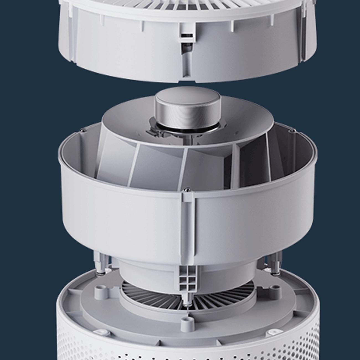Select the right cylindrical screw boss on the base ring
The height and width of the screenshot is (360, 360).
275,292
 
